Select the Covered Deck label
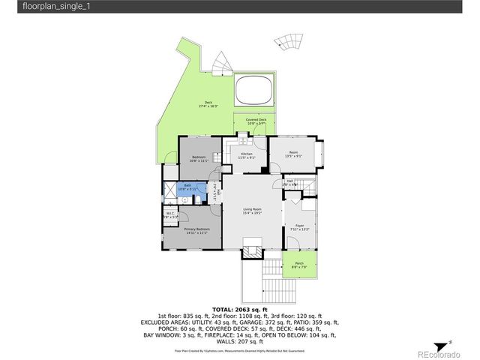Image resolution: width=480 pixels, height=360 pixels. pos(256,121)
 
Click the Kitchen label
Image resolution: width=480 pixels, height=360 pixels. pos(247,155)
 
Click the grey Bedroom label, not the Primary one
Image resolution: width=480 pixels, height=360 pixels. pos(198,159)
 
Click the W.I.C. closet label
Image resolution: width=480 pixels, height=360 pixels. pos(170,215)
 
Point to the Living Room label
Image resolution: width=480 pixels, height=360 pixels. pos(252,211)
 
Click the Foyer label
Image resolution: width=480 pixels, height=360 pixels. pos(299,227)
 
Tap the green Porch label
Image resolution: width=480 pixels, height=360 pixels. pos(298,264)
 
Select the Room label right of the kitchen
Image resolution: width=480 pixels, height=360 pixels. pos(293,154)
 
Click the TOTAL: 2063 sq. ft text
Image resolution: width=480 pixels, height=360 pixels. pos(240,309)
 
